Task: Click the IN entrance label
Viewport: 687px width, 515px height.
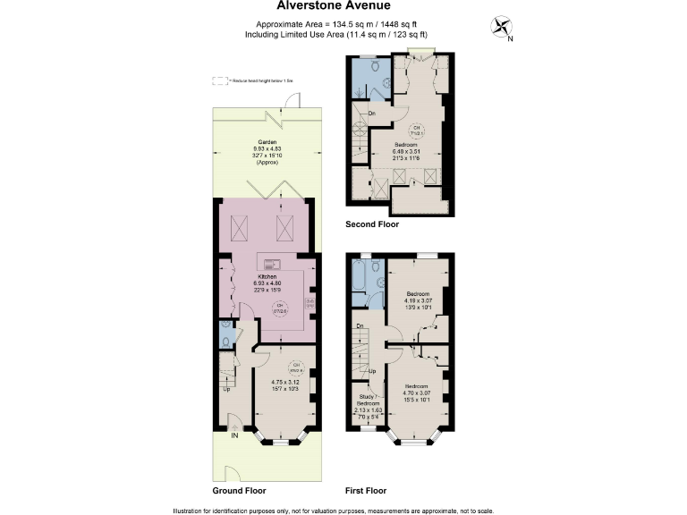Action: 235,436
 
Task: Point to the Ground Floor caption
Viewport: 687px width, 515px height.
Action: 239,491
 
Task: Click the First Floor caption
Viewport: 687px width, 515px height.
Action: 366,491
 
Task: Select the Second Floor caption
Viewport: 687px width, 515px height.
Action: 372,224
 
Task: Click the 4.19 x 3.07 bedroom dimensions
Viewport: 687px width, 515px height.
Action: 418,300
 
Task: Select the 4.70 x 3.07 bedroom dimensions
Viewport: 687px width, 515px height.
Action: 418,393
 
